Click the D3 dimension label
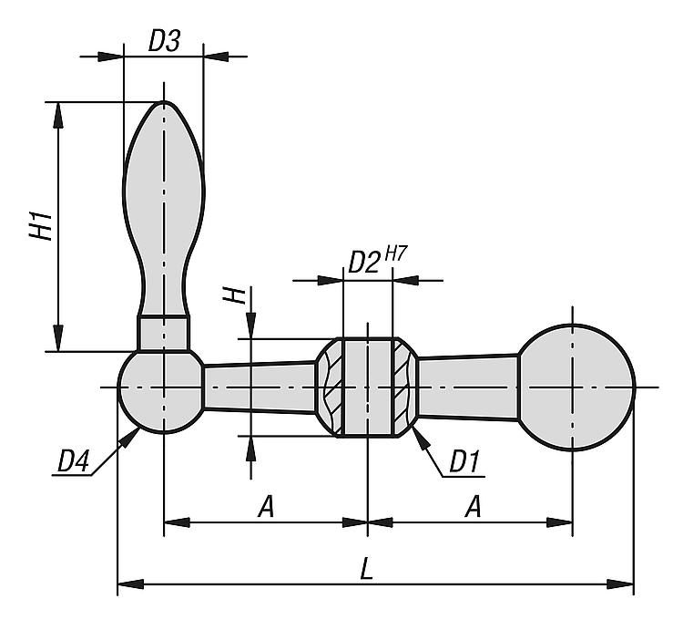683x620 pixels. pos(165,41)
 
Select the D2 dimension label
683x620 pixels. pos(364,263)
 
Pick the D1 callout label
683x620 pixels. pos(464,462)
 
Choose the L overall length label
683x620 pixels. pos(366,569)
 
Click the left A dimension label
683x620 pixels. pos(265,507)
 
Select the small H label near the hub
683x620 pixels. pos(236,296)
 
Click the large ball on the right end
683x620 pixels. pos(575,387)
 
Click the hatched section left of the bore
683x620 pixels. pos(332,387)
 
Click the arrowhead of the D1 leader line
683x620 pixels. pos(415,430)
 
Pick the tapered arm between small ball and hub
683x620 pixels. pos(260,388)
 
